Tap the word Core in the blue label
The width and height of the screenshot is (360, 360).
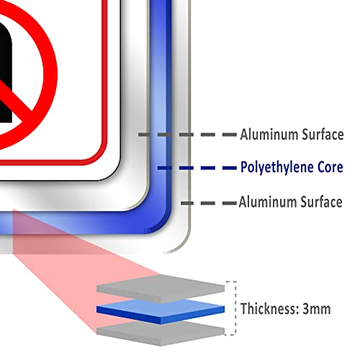[330, 167]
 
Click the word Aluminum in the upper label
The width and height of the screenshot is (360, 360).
[269, 134]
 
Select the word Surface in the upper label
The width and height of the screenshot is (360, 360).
[323, 134]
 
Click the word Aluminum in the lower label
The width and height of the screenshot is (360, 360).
[268, 202]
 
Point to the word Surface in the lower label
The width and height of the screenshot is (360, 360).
[322, 202]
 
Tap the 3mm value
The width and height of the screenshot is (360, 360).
[317, 309]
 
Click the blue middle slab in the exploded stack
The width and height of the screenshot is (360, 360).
[161, 311]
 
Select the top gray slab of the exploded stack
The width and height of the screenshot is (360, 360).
[161, 289]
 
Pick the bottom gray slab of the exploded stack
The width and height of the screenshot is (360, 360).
[161, 333]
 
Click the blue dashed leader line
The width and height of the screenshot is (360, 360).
[197, 168]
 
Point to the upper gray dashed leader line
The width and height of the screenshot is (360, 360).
[187, 135]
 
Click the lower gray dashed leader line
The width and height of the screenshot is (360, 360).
[209, 203]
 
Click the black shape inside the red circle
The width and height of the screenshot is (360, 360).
[5, 72]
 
